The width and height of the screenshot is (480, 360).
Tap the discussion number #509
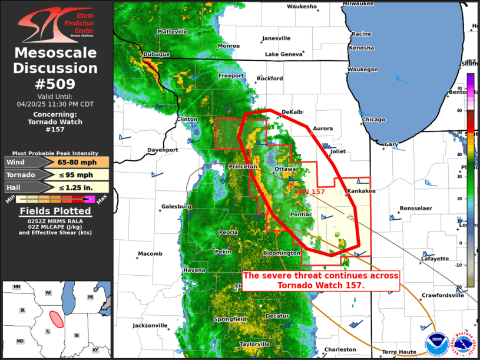click(x=55, y=84)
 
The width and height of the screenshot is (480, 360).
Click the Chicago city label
click(x=373, y=120)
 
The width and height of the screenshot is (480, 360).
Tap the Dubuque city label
click(x=156, y=54)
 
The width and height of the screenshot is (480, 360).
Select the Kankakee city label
click(x=361, y=191)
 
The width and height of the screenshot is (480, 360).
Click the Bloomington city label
click(x=281, y=253)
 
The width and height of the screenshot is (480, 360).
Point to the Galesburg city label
click(x=177, y=207)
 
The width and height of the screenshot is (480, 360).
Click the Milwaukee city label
click(x=358, y=4)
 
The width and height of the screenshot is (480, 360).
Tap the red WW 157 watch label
click(x=310, y=192)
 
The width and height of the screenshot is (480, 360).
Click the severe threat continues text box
click(x=321, y=280)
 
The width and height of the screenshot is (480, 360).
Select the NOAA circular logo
click(x=437, y=342)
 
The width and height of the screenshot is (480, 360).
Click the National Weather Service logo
click(x=462, y=342)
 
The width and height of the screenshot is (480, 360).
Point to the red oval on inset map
click(x=57, y=319)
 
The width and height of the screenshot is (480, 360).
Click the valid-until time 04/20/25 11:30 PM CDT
click(x=55, y=104)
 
